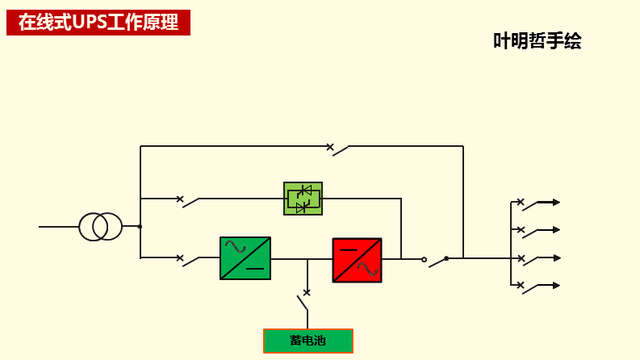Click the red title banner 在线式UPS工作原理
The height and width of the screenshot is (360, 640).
(98, 23)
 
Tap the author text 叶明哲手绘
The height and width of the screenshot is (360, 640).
(538, 41)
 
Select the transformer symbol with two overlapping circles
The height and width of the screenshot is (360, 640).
(101, 227)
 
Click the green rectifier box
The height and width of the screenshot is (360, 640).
(245, 258)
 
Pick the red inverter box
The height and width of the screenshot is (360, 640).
(357, 259)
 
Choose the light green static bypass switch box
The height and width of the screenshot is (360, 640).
(303, 199)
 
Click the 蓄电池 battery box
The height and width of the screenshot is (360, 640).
(307, 341)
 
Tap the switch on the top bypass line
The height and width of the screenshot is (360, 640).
(339, 149)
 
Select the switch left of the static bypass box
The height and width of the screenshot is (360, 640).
(189, 201)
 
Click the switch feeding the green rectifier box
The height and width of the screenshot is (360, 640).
(189, 260)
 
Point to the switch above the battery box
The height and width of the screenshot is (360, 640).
(304, 300)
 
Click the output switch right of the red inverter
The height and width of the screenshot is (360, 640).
(436, 260)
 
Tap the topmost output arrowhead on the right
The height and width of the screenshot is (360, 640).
(556, 203)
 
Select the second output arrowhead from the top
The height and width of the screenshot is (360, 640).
(556, 230)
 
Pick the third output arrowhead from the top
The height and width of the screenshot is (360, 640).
(556, 258)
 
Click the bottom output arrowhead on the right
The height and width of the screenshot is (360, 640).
(556, 286)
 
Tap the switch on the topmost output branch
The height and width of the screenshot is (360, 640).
(528, 205)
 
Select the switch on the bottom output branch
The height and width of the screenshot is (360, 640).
(528, 288)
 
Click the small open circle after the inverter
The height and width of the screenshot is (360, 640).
(424, 259)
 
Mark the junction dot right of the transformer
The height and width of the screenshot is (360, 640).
(140, 227)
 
